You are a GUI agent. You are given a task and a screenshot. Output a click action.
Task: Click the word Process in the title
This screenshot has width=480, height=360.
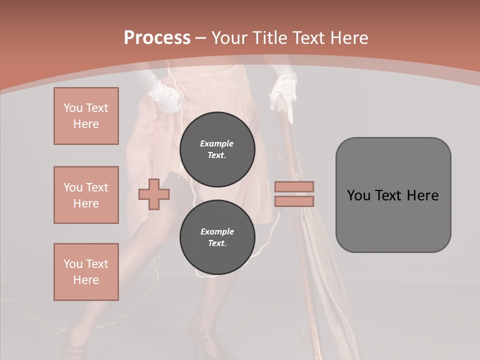(x=157, y=38)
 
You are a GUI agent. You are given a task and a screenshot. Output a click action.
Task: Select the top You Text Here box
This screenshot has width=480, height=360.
(x=86, y=116)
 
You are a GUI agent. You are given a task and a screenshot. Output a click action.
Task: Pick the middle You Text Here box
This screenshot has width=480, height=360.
(x=86, y=195)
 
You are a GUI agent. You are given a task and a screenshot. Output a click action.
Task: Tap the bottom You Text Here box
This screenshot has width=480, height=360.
(x=86, y=271)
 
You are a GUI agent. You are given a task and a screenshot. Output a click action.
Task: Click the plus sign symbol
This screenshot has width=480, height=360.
(x=154, y=193)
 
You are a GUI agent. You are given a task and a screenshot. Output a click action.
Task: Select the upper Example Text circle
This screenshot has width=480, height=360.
(x=217, y=149)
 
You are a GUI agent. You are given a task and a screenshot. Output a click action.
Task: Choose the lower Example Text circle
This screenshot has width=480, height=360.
(x=217, y=237)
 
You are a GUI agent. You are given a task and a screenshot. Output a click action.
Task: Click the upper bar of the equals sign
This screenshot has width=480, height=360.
(x=294, y=186)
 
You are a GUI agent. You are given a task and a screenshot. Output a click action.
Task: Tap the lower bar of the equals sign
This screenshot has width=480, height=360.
(x=294, y=201)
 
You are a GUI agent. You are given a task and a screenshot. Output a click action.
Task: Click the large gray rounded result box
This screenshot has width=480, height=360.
(x=393, y=195)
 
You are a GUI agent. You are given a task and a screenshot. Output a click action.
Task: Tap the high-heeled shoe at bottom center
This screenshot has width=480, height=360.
(x=202, y=340)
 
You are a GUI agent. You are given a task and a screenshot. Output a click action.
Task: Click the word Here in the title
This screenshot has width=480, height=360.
(x=348, y=38)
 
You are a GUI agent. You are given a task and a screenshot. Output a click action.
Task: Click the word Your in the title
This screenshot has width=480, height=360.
(x=230, y=38)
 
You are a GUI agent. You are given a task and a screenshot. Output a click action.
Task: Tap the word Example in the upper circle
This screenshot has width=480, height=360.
(x=216, y=143)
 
